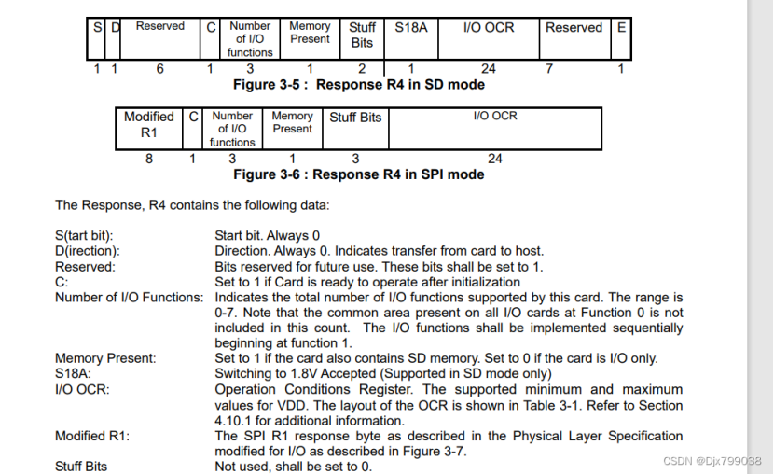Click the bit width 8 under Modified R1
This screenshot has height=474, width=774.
(x=149, y=159)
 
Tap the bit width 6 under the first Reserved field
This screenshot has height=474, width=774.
(x=159, y=69)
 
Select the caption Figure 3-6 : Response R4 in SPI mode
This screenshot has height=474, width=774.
(x=358, y=174)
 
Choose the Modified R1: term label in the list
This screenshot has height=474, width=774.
(x=92, y=436)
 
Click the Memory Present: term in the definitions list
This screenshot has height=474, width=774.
(x=105, y=358)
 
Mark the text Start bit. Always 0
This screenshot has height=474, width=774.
(x=268, y=236)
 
